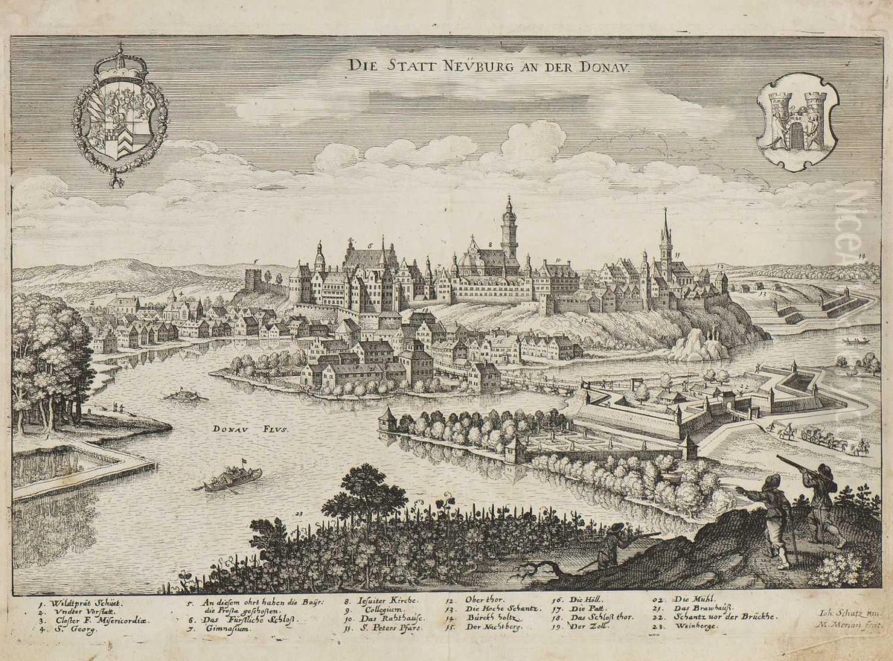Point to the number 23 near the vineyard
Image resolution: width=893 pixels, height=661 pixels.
pos(299,513)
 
